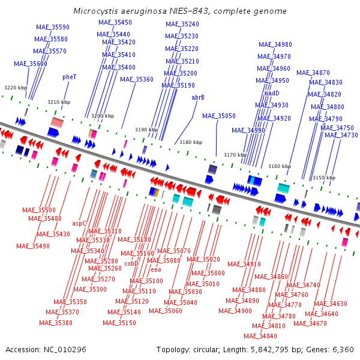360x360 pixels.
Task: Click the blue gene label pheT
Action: tap(70, 77)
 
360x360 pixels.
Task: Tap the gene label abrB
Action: tap(198, 98)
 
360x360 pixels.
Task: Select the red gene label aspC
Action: tap(79, 223)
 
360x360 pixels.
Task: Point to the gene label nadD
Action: tap(272, 93)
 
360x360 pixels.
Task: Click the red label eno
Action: tap(156, 269)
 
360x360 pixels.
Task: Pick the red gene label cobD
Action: tap(131, 263)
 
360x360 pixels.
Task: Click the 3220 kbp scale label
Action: tap(16, 88)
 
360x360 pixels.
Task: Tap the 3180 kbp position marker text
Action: tap(191, 142)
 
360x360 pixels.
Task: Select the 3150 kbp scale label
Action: tap(324, 178)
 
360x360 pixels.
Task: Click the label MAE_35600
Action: tap(31, 64)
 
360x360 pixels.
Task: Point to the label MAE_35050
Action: tap(219, 116)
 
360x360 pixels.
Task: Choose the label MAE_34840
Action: tap(260, 336)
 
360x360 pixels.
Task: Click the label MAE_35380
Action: tap(56, 323)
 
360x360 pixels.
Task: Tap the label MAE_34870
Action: tap(313, 73)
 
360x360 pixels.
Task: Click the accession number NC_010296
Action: tap(65, 350)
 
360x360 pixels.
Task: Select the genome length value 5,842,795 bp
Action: tap(269, 350)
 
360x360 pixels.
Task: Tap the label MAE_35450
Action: tap(115, 22)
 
